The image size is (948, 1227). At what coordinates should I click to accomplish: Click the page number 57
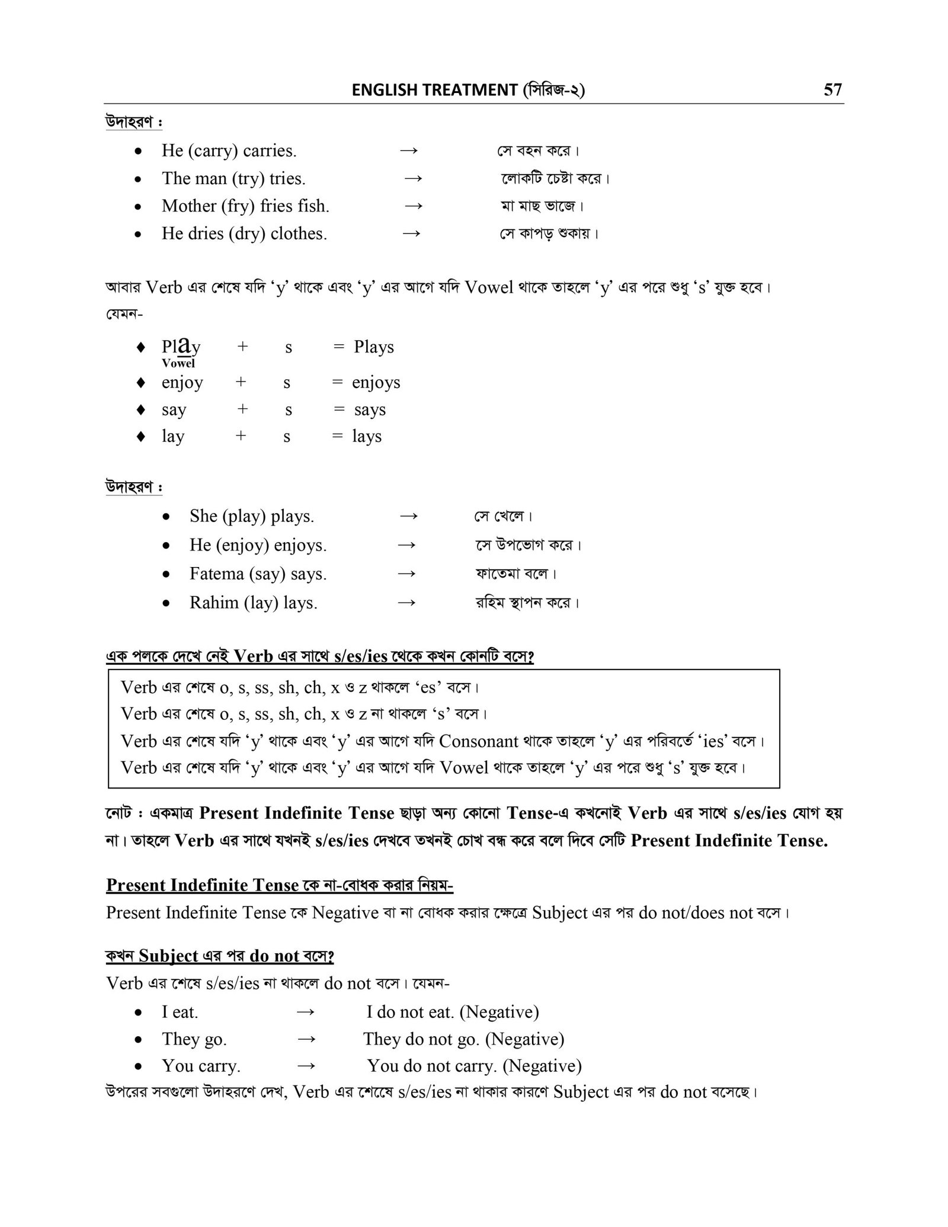point(832,89)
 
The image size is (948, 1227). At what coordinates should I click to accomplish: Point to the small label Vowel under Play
point(178,363)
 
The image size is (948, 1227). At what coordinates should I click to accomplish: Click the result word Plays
point(374,347)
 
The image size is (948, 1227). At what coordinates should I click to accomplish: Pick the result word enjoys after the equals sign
point(376,383)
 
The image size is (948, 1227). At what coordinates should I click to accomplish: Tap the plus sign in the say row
point(242,409)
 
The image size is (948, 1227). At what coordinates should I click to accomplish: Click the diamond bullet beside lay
point(140,437)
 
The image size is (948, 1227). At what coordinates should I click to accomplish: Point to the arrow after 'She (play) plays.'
point(408,516)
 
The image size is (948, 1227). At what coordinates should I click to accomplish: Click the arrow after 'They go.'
point(305,1039)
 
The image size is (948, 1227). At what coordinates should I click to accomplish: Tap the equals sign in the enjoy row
point(337,383)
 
